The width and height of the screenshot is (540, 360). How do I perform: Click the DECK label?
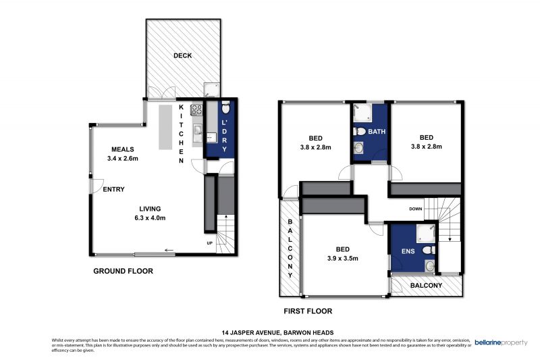pyautogui.click(x=182, y=55)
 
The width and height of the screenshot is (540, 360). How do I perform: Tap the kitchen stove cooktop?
pyautogui.click(x=197, y=109)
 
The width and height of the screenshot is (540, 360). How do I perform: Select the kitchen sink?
pyautogui.click(x=198, y=130)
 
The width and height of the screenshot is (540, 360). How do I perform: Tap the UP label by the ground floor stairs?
pyautogui.click(x=211, y=242)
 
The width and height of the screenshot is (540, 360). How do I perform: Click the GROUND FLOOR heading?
pyautogui.click(x=123, y=271)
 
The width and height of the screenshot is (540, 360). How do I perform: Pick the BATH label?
pyautogui.click(x=377, y=132)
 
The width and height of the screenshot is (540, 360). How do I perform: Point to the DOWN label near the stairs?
pyautogui.click(x=415, y=209)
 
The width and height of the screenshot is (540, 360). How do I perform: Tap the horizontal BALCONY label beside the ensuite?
pyautogui.click(x=423, y=285)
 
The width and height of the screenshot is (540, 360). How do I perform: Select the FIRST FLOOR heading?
pyautogui.click(x=308, y=311)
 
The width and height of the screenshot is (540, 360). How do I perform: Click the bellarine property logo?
pyautogui.click(x=501, y=342)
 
